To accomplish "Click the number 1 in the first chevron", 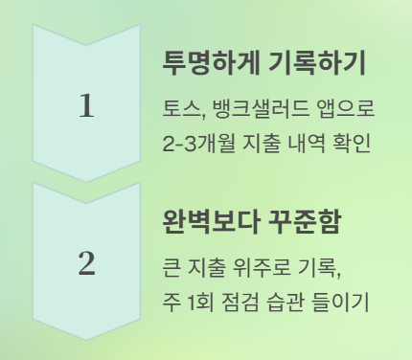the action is (x=86, y=105).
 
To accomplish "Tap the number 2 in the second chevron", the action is (x=86, y=262).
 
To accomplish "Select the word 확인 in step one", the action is (x=349, y=145).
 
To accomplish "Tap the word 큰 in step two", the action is (x=172, y=265).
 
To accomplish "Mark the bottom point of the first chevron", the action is (x=86, y=182).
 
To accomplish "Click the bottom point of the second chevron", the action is (x=86, y=340).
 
